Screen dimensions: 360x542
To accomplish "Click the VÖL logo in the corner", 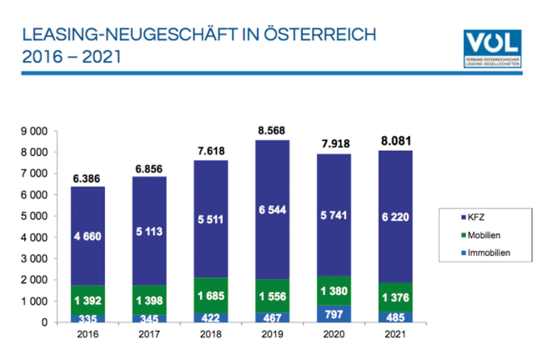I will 492,48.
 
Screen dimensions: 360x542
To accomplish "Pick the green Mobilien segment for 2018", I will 210,294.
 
